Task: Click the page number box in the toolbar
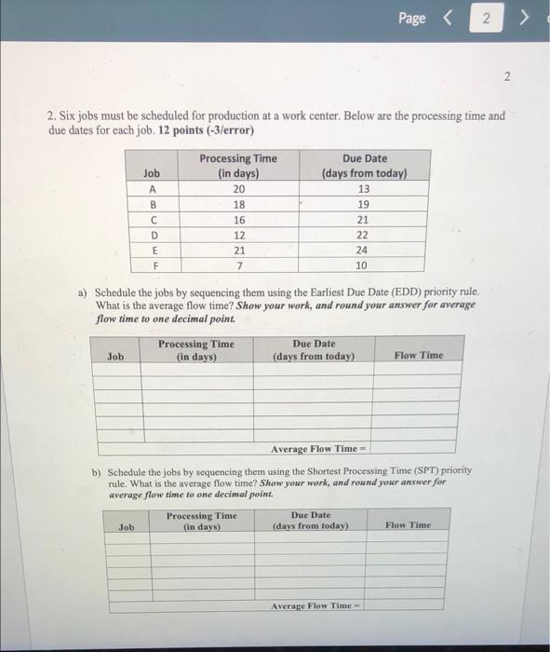click(485, 19)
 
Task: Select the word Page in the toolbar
click(411, 19)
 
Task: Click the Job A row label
click(151, 187)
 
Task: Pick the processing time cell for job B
click(237, 203)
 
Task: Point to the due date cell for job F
click(363, 265)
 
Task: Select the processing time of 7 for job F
click(237, 265)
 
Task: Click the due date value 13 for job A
click(363, 187)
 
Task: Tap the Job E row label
click(151, 250)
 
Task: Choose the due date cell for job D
click(363, 234)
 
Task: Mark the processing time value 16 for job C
click(237, 219)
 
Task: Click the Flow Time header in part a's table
click(418, 355)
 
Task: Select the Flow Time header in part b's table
click(409, 525)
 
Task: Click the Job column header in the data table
click(151, 172)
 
